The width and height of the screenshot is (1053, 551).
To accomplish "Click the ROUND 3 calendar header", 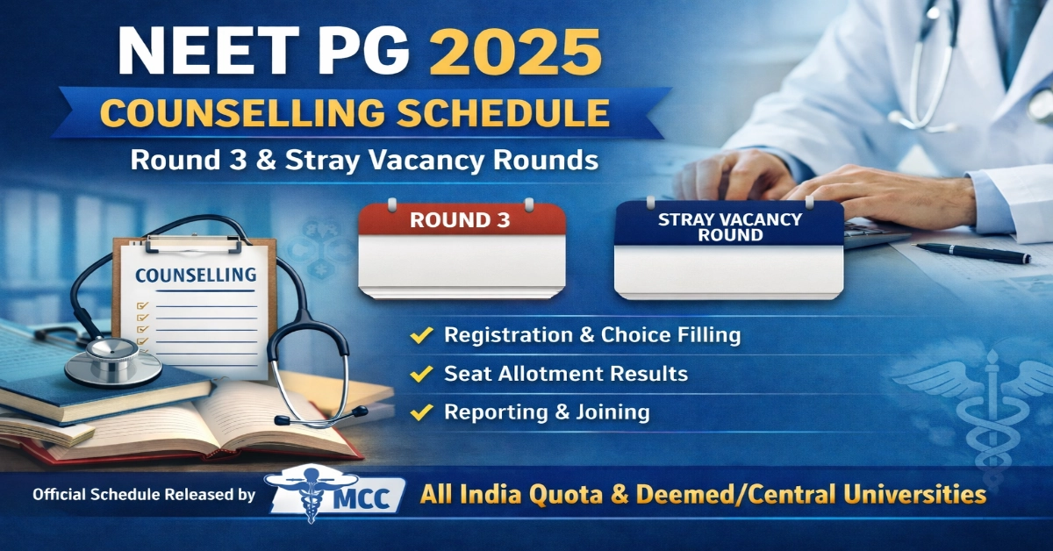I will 460,220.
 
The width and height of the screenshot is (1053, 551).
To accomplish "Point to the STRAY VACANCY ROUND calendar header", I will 730,226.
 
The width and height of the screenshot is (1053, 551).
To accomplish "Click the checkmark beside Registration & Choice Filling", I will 423,335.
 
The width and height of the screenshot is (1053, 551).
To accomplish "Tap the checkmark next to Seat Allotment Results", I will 423,374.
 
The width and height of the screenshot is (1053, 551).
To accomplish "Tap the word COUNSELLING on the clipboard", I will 195,275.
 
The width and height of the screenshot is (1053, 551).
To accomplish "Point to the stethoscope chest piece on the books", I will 112,360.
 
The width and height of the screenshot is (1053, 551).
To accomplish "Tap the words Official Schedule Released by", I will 144,495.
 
